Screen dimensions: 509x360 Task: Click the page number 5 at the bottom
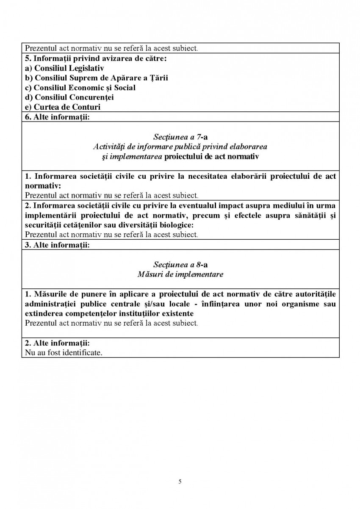pyautogui.click(x=180, y=481)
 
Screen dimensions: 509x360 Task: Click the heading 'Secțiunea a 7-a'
pyautogui.click(x=180, y=137)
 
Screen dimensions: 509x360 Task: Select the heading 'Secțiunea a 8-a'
pyautogui.click(x=180, y=265)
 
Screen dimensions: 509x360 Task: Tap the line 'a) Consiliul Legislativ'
pyautogui.click(x=64, y=68)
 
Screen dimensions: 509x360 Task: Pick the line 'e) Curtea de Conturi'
pyautogui.click(x=63, y=107)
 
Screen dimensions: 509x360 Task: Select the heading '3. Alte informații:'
pyautogui.click(x=57, y=245)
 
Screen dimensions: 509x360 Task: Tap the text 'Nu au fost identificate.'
pyautogui.click(x=64, y=352)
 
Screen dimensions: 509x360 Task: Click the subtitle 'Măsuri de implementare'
pyautogui.click(x=180, y=274)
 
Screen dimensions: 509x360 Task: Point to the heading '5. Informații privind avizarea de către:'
pyautogui.click(x=95, y=58)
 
